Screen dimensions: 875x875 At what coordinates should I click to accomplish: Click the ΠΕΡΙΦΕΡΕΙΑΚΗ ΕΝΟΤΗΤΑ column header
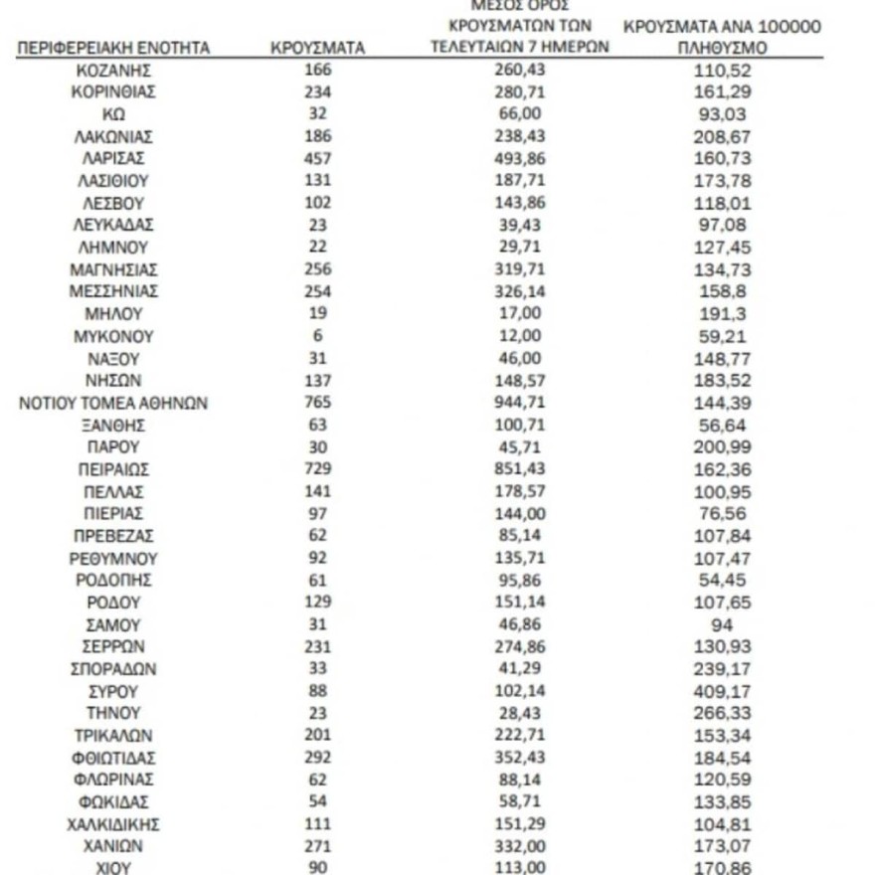[x=113, y=47]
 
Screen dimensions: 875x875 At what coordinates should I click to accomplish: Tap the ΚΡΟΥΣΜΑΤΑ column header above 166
[x=318, y=47]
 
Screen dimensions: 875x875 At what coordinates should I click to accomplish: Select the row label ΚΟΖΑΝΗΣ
[x=113, y=70]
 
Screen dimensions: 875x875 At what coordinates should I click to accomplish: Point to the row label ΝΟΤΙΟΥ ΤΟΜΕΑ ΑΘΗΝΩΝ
[x=113, y=403]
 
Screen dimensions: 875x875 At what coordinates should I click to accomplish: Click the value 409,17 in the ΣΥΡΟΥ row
[x=722, y=691]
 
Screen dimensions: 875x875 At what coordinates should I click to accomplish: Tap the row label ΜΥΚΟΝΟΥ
[x=113, y=336]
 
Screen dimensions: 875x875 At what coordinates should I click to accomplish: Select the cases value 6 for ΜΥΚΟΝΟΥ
[x=318, y=336]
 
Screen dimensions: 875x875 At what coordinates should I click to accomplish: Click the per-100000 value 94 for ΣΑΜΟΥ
[x=722, y=624]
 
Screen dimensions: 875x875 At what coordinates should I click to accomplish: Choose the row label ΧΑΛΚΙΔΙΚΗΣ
[x=113, y=824]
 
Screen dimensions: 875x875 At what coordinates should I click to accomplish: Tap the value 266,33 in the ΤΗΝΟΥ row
[x=722, y=713]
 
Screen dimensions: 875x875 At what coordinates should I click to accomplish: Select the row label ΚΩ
[x=113, y=113]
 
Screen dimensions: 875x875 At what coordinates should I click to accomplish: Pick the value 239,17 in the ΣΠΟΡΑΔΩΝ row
[x=722, y=669]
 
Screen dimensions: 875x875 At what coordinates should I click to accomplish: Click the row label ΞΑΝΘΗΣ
[x=113, y=425]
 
